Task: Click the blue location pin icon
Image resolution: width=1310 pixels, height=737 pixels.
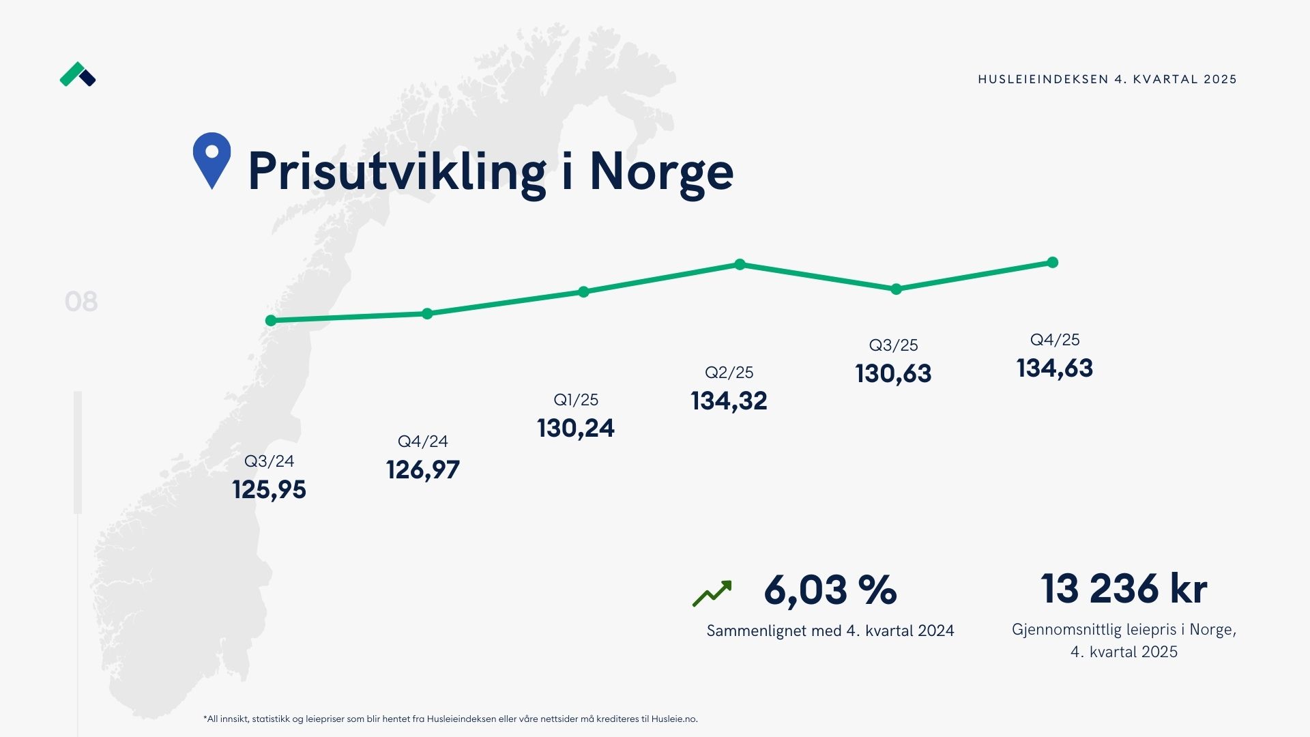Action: (212, 160)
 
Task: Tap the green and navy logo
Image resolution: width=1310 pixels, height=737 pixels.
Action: (78, 74)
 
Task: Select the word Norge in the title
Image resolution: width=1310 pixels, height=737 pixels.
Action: (661, 171)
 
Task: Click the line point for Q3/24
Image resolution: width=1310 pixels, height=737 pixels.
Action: (271, 321)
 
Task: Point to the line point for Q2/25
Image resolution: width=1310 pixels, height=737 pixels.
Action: (740, 264)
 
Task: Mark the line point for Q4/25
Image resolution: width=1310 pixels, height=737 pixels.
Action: (1053, 263)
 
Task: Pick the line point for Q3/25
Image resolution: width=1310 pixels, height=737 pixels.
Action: (897, 289)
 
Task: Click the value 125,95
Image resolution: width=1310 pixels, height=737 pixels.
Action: (269, 489)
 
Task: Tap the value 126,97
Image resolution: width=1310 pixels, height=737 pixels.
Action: (423, 469)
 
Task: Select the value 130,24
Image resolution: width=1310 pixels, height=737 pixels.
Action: (576, 428)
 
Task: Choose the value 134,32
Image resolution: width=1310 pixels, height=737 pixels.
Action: (729, 401)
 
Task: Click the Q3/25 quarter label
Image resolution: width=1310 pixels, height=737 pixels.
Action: (893, 345)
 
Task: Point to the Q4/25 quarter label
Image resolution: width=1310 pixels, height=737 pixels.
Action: (1055, 340)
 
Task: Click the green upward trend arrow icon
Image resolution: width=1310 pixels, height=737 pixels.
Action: (712, 593)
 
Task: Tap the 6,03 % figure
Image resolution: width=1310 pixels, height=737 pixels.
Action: (830, 590)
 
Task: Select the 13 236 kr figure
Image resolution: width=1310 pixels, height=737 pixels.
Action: (1124, 588)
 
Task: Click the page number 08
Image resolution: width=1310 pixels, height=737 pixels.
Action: (81, 302)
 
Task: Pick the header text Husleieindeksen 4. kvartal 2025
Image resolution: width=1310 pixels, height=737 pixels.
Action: (1107, 79)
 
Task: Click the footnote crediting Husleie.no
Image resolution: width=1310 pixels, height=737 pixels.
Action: (450, 719)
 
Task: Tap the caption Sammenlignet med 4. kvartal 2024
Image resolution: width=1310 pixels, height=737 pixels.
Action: (830, 631)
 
